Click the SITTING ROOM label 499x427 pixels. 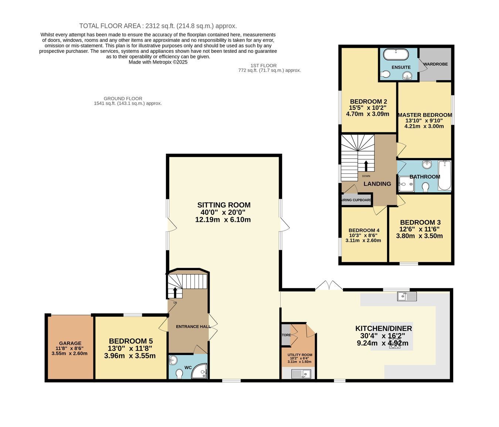tap(224, 205)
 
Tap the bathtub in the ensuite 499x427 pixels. tap(396, 55)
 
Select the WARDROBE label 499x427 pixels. tap(435, 64)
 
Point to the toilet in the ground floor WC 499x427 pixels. tap(179, 374)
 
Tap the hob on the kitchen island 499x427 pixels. tap(394, 343)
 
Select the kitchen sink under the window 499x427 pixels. tap(407, 296)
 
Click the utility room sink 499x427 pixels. tap(301, 374)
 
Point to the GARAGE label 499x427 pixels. tap(70, 343)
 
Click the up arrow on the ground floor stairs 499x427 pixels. tap(175, 292)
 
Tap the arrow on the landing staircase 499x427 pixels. tap(366, 166)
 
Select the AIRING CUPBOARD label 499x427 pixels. tap(357, 200)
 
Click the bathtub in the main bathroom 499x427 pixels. tap(445, 175)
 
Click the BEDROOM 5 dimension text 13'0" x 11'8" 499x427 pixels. tap(130, 349)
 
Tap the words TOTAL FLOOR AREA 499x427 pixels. tap(110, 26)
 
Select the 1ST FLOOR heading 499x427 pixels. tap(264, 65)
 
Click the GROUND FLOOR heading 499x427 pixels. tap(123, 99)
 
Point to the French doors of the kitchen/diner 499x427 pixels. tap(329, 286)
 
